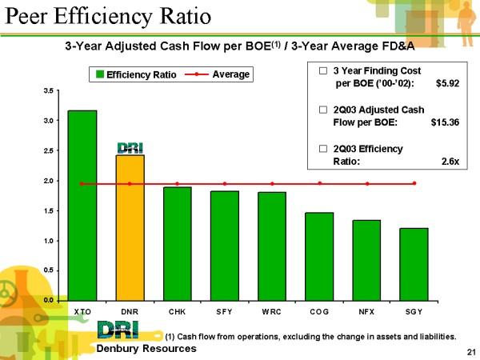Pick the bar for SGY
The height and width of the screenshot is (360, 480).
tap(414, 263)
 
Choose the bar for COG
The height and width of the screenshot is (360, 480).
tap(319, 255)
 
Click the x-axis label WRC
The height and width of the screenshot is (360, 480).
tap(271, 310)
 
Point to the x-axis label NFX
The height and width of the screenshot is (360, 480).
tap(366, 310)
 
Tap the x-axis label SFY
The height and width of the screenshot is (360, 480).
tap(224, 310)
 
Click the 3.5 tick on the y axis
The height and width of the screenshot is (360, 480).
tap(50, 91)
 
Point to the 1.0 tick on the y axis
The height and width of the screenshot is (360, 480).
tap(50, 241)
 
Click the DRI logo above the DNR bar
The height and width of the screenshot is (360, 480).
tap(130, 147)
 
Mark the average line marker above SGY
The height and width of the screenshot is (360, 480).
tap(414, 183)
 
